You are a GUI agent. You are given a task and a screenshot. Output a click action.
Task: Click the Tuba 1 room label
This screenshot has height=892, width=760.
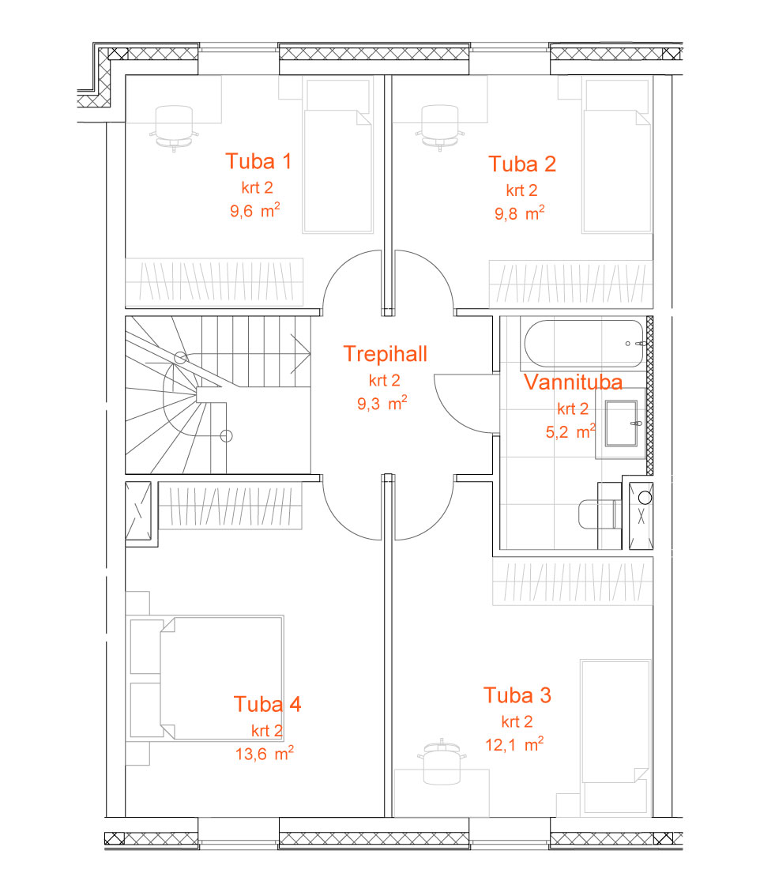pos(259,161)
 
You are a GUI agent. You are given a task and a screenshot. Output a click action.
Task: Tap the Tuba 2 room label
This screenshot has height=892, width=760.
pos(522,164)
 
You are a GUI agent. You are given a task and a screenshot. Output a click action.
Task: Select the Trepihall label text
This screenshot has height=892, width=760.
pos(385,355)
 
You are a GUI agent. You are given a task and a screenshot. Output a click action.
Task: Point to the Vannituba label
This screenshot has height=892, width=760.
pos(573,382)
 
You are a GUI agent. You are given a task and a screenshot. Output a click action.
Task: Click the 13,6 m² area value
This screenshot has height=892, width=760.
pos(265,753)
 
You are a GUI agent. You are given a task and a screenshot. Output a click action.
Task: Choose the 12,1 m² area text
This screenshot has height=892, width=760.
pos(514,744)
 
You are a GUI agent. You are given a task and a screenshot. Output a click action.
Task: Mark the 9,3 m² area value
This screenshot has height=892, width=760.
pos(382,403)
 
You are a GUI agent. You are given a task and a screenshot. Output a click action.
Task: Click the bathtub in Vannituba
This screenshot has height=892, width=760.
pos(585,344)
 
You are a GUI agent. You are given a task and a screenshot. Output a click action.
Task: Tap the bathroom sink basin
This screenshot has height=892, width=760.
pos(621,423)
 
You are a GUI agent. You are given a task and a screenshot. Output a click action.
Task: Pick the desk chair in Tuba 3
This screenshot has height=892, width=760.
pos(442,762)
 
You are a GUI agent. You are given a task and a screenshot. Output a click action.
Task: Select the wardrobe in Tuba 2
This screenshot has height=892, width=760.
pos(570,284)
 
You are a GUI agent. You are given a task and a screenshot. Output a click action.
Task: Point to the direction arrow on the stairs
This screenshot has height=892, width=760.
pos(300,353)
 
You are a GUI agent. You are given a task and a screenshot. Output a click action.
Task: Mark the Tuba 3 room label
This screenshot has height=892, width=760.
pos(517,695)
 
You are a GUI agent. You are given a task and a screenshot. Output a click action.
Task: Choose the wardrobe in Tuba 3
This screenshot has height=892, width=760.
pos(572,581)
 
